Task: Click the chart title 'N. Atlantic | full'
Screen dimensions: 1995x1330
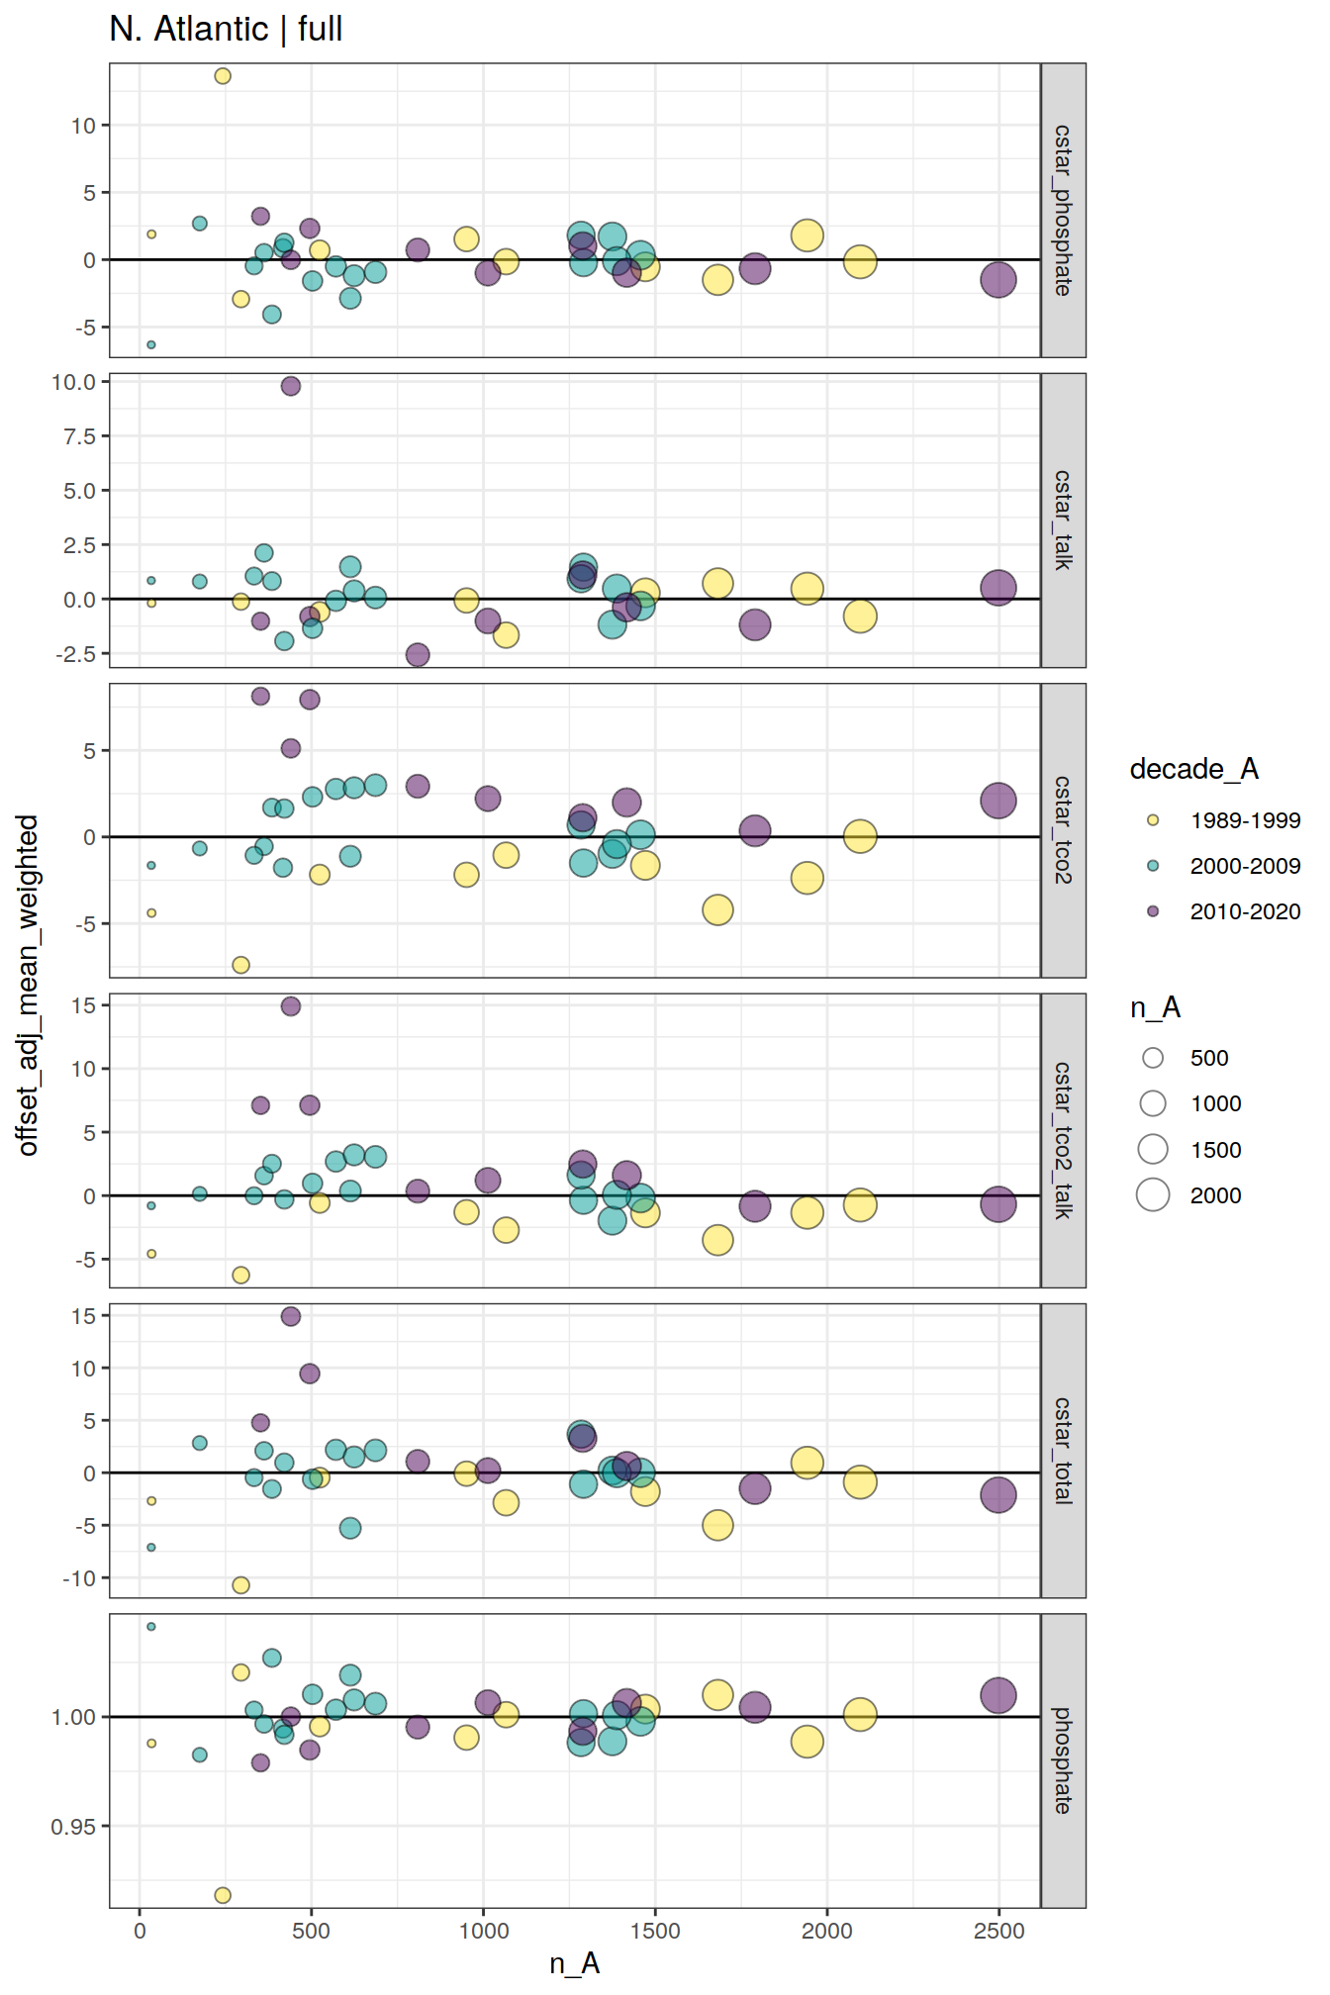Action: click(226, 29)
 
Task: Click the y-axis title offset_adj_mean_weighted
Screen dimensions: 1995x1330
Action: click(28, 985)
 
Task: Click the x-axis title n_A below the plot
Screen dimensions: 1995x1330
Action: click(574, 1963)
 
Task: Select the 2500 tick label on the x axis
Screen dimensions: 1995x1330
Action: click(998, 1931)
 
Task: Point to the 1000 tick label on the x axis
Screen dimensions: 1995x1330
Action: click(483, 1931)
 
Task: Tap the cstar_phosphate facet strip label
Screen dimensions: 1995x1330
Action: click(1063, 210)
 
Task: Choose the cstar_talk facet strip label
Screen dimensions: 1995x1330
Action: click(1063, 520)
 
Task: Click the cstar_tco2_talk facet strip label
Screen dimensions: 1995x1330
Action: click(1063, 1140)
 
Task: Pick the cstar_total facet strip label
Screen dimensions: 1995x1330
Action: click(1063, 1450)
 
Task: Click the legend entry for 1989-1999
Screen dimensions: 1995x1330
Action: click(1244, 820)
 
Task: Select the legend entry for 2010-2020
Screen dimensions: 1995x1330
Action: click(1244, 911)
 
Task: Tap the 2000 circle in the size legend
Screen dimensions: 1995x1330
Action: click(1153, 1195)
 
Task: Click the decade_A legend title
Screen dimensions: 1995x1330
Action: click(1193, 769)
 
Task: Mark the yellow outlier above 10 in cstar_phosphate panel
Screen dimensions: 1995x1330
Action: click(223, 76)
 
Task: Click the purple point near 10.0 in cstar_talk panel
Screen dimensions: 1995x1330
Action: click(290, 386)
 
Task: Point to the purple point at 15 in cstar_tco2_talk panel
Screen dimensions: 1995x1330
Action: click(290, 1006)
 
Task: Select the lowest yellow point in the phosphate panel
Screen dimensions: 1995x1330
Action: click(223, 1895)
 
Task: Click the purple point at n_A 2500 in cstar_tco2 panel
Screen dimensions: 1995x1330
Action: click(998, 801)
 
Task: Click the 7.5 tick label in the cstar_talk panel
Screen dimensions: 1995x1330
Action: click(79, 436)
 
